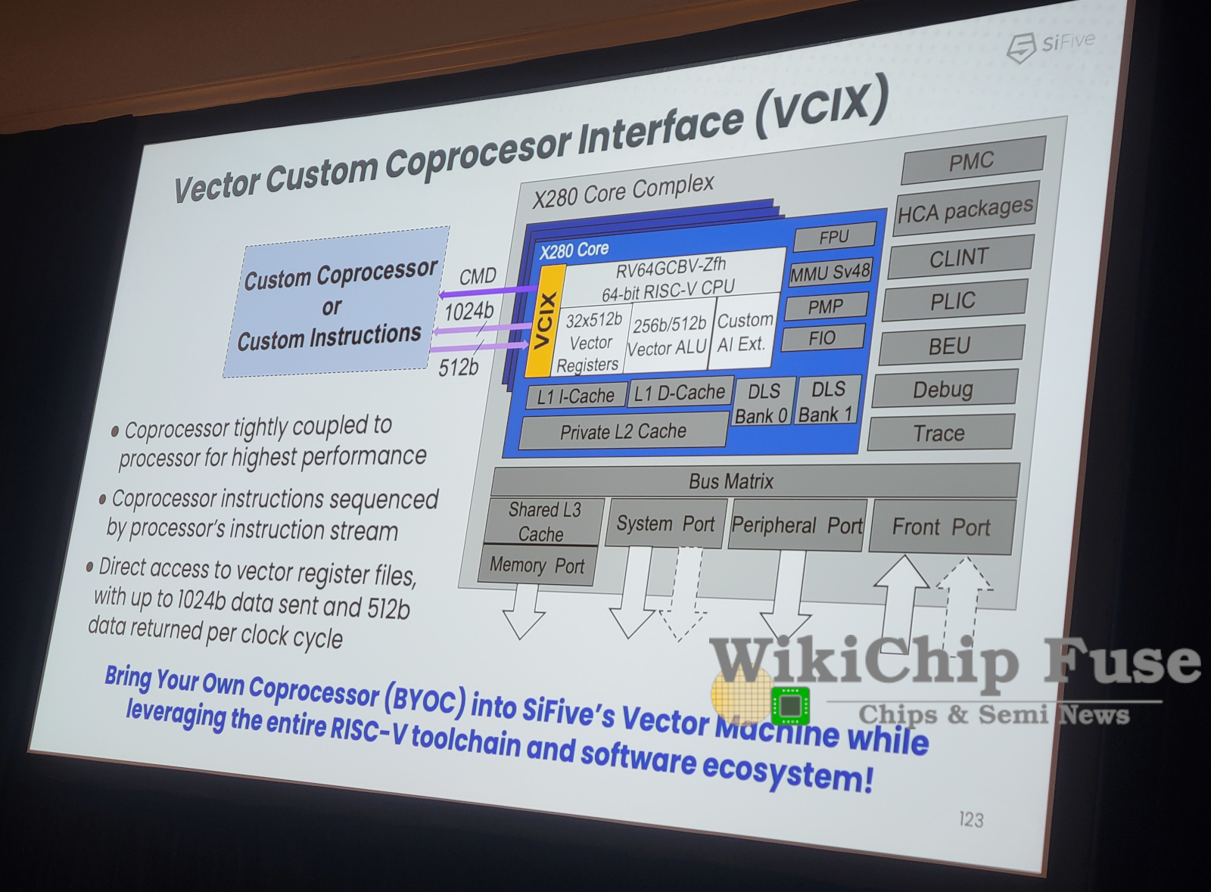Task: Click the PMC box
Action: tap(973, 160)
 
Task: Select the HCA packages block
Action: tap(965, 209)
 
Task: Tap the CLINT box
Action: tap(960, 257)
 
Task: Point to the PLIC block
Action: tap(954, 301)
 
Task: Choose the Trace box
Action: tap(941, 432)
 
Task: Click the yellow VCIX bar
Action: tap(546, 321)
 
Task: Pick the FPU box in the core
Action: tap(834, 237)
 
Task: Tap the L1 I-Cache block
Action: tap(576, 396)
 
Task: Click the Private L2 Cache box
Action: tap(623, 430)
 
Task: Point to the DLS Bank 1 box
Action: tap(827, 400)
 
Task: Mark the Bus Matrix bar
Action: tap(755, 480)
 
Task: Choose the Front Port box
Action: tap(942, 527)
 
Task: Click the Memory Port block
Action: tap(537, 565)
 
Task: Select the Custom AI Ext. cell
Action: tap(744, 331)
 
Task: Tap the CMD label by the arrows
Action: tap(478, 276)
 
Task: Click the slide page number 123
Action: tap(971, 819)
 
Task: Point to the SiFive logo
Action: tap(1050, 46)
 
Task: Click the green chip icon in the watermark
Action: tap(790, 705)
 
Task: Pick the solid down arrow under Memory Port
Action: tap(522, 611)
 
